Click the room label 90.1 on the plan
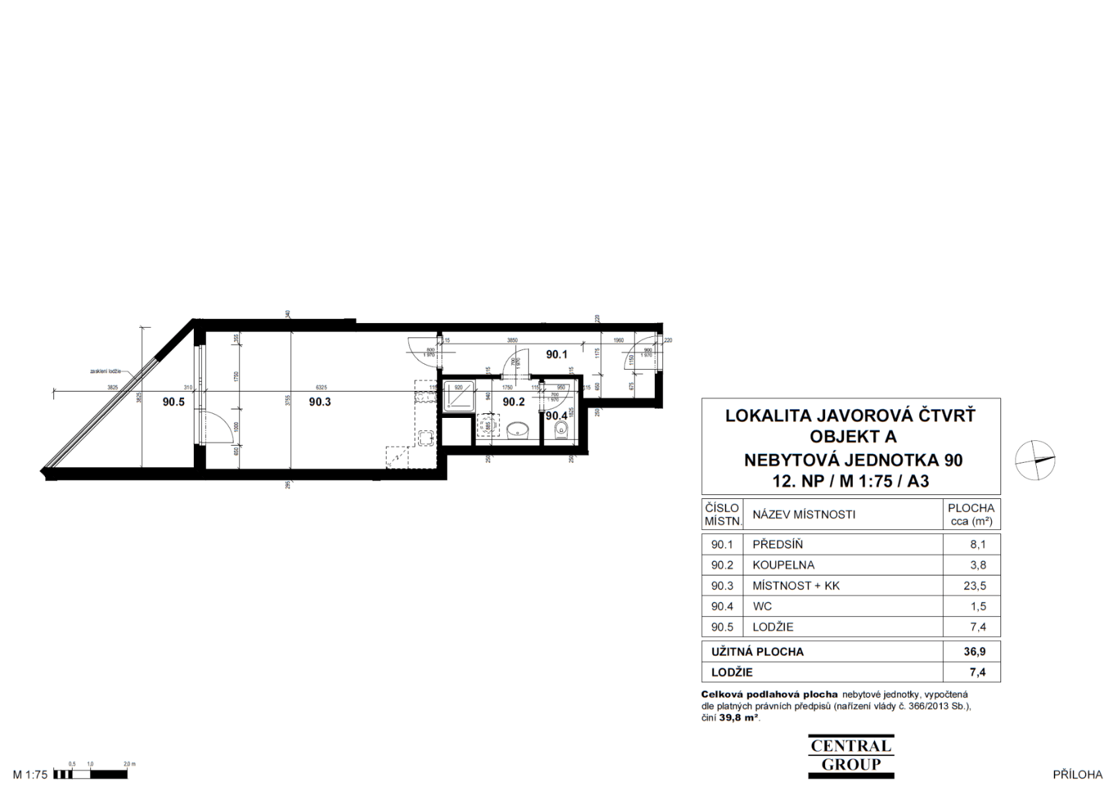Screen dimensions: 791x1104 [x=557, y=355]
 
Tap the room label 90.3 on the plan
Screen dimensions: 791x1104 [x=320, y=401]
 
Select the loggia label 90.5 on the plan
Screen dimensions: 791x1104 [x=173, y=401]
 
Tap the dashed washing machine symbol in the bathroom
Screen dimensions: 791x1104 [x=487, y=425]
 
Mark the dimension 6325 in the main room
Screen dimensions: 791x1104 [x=321, y=388]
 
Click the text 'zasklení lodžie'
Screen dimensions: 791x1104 [x=106, y=371]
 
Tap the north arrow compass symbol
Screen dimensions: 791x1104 [x=1035, y=459]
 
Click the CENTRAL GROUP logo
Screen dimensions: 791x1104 [x=851, y=755]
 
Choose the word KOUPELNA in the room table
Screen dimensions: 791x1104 [x=783, y=565]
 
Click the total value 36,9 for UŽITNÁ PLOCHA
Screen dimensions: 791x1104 [x=974, y=651]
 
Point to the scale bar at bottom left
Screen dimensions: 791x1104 [x=92, y=774]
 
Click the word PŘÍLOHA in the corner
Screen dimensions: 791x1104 [x=1077, y=775]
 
